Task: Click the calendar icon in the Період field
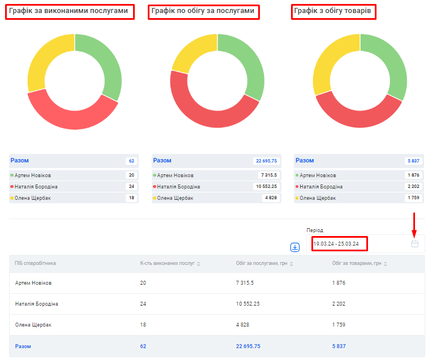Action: pyautogui.click(x=414, y=243)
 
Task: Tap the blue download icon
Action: pyautogui.click(x=295, y=247)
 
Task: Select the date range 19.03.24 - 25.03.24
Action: pyautogui.click(x=336, y=244)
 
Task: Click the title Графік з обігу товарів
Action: pyautogui.click(x=332, y=11)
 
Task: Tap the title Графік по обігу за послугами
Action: pyautogui.click(x=203, y=11)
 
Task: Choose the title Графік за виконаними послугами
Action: pyautogui.click(x=69, y=11)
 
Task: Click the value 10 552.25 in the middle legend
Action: pyautogui.click(x=266, y=186)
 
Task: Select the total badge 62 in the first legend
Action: pyautogui.click(x=131, y=161)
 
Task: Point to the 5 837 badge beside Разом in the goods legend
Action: pyautogui.click(x=413, y=161)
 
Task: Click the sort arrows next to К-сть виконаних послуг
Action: pyautogui.click(x=198, y=264)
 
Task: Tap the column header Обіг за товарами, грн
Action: pyautogui.click(x=357, y=263)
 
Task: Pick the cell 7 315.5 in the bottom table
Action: pyautogui.click(x=245, y=283)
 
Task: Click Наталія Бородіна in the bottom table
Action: pyautogui.click(x=36, y=304)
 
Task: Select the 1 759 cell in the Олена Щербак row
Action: pyautogui.click(x=339, y=325)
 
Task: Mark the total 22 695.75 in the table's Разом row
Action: pyautogui.click(x=248, y=346)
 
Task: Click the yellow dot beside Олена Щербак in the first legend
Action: pyautogui.click(x=12, y=198)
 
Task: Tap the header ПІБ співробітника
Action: pyautogui.click(x=35, y=263)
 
